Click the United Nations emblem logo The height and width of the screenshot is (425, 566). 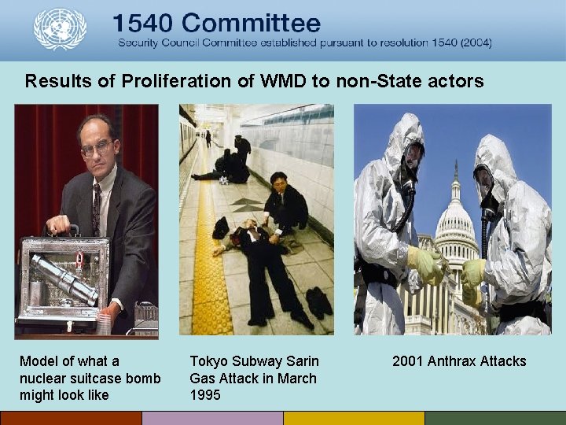click(59, 29)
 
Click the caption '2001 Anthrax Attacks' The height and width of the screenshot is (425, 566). click(459, 361)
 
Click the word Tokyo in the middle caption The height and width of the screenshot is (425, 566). click(208, 361)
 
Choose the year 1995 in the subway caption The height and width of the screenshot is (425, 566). click(205, 396)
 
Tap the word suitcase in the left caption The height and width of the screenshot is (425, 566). click(94, 379)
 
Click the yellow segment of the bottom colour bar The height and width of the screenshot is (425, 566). click(354, 418)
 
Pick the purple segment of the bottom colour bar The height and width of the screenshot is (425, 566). click(212, 418)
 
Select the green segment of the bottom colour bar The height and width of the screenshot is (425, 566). click(495, 418)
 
